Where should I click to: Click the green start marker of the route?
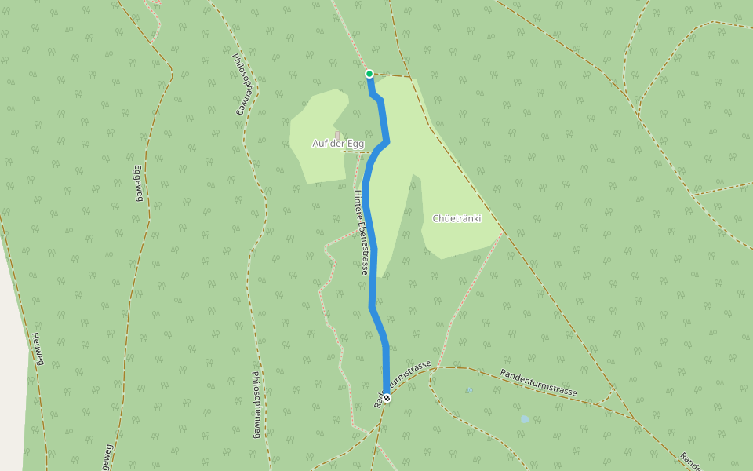[369, 74]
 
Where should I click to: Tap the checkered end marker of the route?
[386, 398]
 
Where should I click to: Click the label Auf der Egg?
[338, 144]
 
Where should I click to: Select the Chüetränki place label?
[457, 218]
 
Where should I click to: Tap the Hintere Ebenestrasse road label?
[362, 232]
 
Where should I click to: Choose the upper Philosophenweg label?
[244, 84]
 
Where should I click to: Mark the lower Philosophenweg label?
[256, 404]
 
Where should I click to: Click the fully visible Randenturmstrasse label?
[539, 382]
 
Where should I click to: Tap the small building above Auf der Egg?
[337, 134]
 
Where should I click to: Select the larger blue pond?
[524, 419]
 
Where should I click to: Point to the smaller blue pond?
[469, 390]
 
